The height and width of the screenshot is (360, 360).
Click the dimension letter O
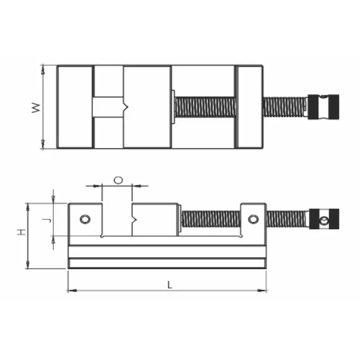(x=118, y=180)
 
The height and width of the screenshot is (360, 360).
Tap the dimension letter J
(x=44, y=220)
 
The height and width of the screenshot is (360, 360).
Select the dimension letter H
(x=21, y=232)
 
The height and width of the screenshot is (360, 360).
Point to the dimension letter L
(x=169, y=284)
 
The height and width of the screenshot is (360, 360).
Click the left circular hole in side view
(x=84, y=219)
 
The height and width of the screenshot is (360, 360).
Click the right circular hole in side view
(x=253, y=219)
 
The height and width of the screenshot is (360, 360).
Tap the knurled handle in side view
(x=324, y=219)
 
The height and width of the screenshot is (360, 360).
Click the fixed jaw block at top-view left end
(x=75, y=107)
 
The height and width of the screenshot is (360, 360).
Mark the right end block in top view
(x=250, y=107)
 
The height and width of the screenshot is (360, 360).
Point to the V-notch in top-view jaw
(x=127, y=107)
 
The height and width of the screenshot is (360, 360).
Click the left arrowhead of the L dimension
(x=70, y=291)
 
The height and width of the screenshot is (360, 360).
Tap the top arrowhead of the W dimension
(x=43, y=68)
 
